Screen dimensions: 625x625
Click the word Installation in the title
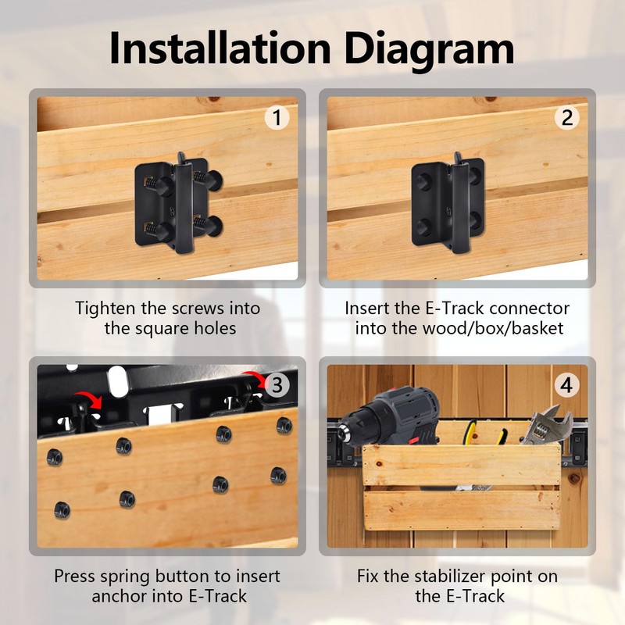point(220,48)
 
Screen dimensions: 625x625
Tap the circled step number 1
point(277,118)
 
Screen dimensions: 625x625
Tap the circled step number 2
point(567,118)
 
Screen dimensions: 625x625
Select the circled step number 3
point(277,385)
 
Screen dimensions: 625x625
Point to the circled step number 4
point(567,385)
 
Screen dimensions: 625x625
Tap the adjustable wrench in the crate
point(546,425)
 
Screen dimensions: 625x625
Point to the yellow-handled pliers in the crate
point(484,433)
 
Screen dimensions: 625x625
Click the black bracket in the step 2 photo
point(448,204)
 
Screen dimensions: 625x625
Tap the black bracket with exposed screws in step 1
point(178,203)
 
